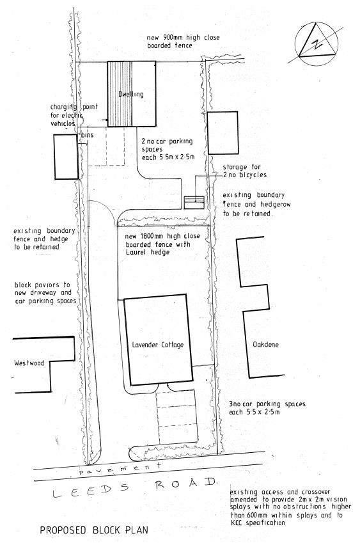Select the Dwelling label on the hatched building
[131, 95]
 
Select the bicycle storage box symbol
[193, 201]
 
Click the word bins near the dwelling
[87, 136]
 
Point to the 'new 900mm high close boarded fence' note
[183, 42]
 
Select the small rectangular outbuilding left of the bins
[65, 156]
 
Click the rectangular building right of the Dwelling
[223, 132]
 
